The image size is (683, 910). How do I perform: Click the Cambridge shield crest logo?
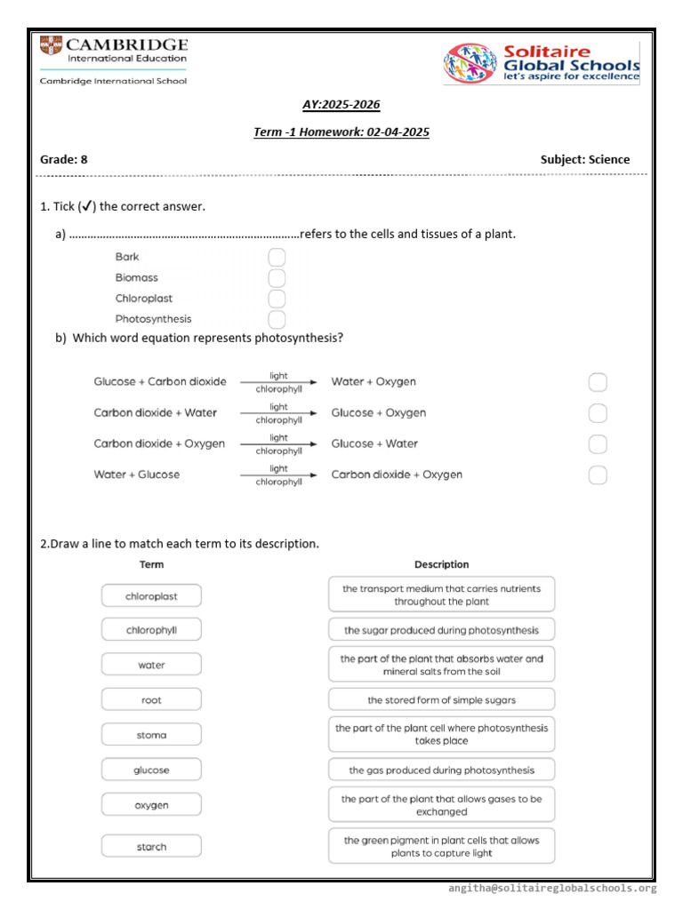(52, 47)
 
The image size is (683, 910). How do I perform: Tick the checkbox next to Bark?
(277, 258)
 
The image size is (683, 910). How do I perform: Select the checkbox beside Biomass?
(277, 278)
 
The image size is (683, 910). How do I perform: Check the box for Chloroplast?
(277, 299)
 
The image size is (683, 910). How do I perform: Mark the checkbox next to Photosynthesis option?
(277, 319)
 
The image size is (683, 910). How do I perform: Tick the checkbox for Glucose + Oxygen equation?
(598, 413)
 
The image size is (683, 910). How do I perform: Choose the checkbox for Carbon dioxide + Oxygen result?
(598, 475)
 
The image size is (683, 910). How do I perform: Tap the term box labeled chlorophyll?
(151, 630)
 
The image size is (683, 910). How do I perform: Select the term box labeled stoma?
(151, 735)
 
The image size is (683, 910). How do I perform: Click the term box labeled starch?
(151, 847)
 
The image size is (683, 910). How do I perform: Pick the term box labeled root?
(151, 700)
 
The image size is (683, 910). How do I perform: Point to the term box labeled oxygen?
(151, 805)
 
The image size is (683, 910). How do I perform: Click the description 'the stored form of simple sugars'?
(441, 700)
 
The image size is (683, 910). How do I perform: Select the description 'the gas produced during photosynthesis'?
(441, 770)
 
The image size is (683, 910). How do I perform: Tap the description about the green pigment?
(441, 847)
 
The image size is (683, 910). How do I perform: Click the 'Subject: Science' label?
(584, 160)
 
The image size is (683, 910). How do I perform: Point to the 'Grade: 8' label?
(64, 160)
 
